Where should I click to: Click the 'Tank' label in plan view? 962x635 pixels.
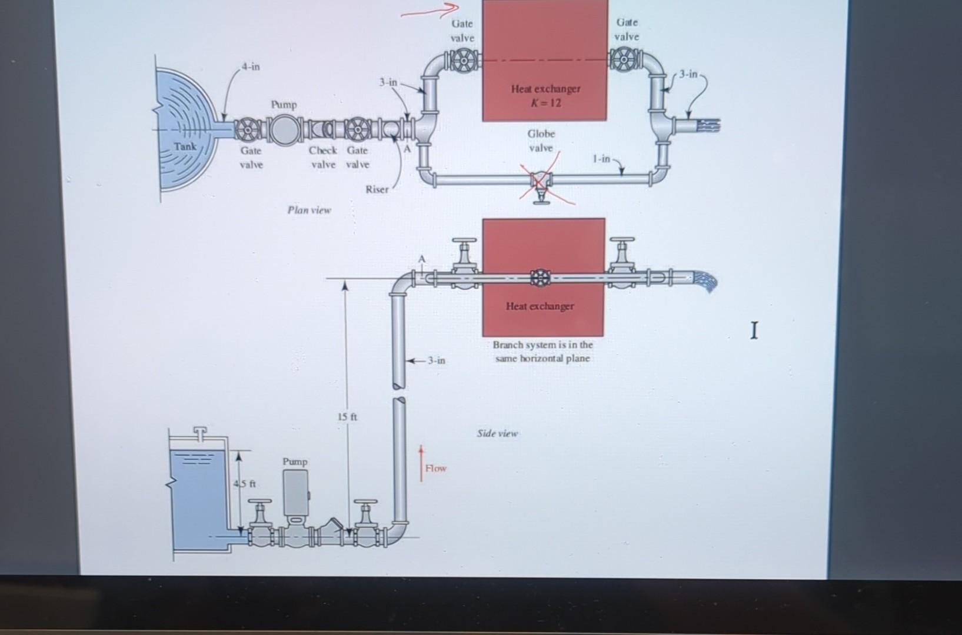click(x=185, y=145)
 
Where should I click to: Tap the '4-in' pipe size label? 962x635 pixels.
click(x=251, y=66)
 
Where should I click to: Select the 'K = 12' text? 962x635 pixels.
click(x=545, y=103)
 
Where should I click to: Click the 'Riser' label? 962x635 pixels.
click(x=377, y=189)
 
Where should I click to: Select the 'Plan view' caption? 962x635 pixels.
click(x=309, y=210)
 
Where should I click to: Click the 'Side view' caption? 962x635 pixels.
click(x=497, y=433)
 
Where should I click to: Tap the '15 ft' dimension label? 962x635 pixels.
click(x=347, y=417)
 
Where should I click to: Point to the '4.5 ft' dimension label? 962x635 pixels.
click(x=244, y=484)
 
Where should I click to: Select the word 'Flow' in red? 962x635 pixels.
click(x=436, y=468)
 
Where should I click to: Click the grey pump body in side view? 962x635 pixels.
click(x=295, y=493)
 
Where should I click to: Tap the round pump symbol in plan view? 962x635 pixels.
click(x=285, y=130)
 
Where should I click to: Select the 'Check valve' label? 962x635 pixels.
click(x=323, y=157)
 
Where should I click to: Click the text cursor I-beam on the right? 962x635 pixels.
click(x=754, y=330)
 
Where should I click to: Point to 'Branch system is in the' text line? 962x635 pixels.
click(x=542, y=345)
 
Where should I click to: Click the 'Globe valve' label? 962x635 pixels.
click(x=541, y=141)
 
